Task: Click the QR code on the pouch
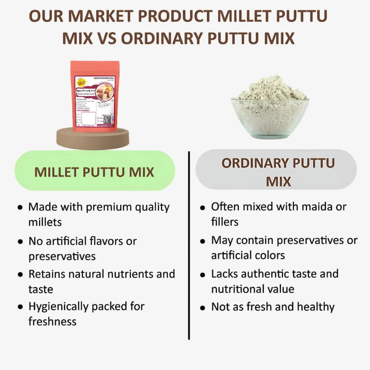click(x=107, y=120)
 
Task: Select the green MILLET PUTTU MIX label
click(x=94, y=172)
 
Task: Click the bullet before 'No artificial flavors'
click(x=21, y=241)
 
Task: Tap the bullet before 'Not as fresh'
click(x=203, y=307)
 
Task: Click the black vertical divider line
click(x=189, y=245)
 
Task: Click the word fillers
click(x=225, y=222)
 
